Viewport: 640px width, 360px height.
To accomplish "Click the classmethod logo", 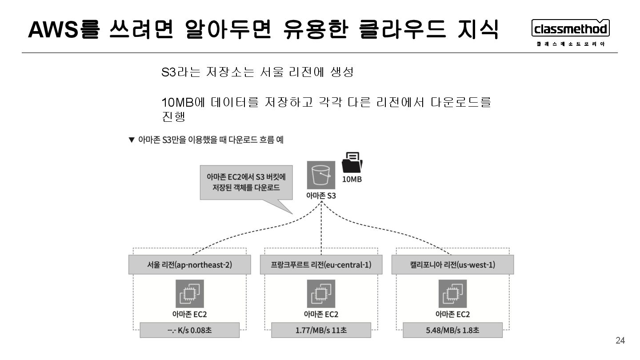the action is click(570, 29).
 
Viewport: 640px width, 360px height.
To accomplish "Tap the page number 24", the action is click(620, 341).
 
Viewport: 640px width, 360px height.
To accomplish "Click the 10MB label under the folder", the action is click(352, 180).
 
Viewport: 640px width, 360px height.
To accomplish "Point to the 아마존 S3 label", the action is click(321, 196).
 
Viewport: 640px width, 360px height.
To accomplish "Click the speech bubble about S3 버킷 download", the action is click(246, 182).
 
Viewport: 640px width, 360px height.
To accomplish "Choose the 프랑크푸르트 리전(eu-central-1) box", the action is click(321, 265).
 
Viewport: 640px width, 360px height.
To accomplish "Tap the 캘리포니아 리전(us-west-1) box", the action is click(452, 265).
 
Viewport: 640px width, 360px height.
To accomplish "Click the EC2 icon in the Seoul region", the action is click(189, 294).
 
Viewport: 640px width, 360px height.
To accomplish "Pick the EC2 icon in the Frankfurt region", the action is click(321, 294).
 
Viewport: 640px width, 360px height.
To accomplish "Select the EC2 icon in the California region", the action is click(452, 294).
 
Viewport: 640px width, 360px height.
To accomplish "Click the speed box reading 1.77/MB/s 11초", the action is click(321, 331).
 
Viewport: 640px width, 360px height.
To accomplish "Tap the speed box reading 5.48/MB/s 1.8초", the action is click(452, 331).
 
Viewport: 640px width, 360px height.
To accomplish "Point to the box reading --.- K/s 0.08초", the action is click(189, 331).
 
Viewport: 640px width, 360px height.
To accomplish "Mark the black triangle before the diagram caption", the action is click(131, 140).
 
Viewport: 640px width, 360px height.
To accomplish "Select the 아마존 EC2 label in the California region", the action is click(452, 314).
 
